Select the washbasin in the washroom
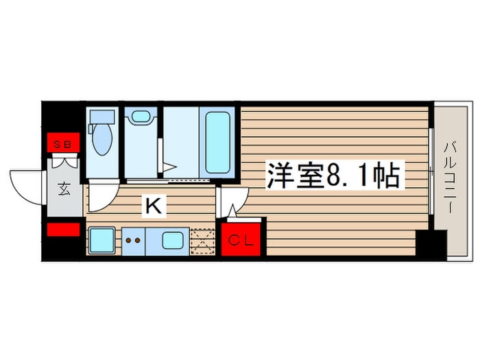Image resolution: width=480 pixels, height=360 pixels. click(141, 117)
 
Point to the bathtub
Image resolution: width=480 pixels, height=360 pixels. click(217, 141)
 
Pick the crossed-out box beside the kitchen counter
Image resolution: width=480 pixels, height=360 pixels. click(203, 241)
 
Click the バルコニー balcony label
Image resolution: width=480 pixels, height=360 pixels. click(451, 174)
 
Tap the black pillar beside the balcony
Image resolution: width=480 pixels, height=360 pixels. click(431, 244)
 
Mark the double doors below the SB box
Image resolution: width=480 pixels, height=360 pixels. click(64, 163)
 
